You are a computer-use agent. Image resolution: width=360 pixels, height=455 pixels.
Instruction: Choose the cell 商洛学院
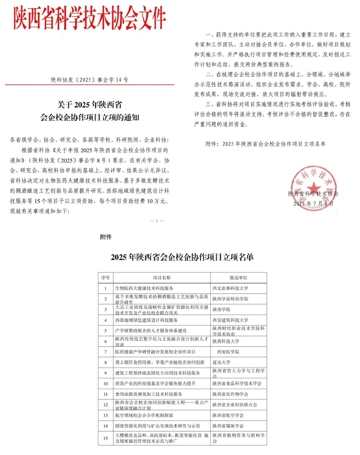[222, 309]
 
